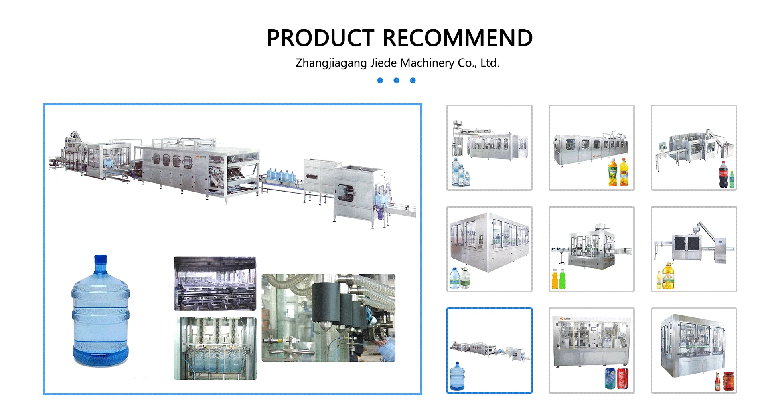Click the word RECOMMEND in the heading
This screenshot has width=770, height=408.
[458, 38]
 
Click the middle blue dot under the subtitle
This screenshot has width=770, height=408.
[396, 81]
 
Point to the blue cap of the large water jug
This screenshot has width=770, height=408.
[100, 259]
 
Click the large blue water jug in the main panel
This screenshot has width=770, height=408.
[100, 317]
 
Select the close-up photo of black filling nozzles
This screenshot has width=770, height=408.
[328, 318]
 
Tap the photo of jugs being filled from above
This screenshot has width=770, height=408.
[215, 348]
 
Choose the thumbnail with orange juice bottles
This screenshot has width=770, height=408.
[592, 147]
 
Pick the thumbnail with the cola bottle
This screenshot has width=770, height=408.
[694, 147]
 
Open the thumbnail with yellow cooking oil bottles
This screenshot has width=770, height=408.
[694, 249]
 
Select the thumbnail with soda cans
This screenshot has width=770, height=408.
[592, 350]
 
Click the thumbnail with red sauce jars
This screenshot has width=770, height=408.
[694, 350]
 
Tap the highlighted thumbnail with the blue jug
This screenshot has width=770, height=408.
[489, 350]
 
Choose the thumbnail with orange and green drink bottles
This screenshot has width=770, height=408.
[592, 249]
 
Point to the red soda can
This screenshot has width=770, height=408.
[622, 379]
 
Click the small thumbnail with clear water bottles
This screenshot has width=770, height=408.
[489, 147]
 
